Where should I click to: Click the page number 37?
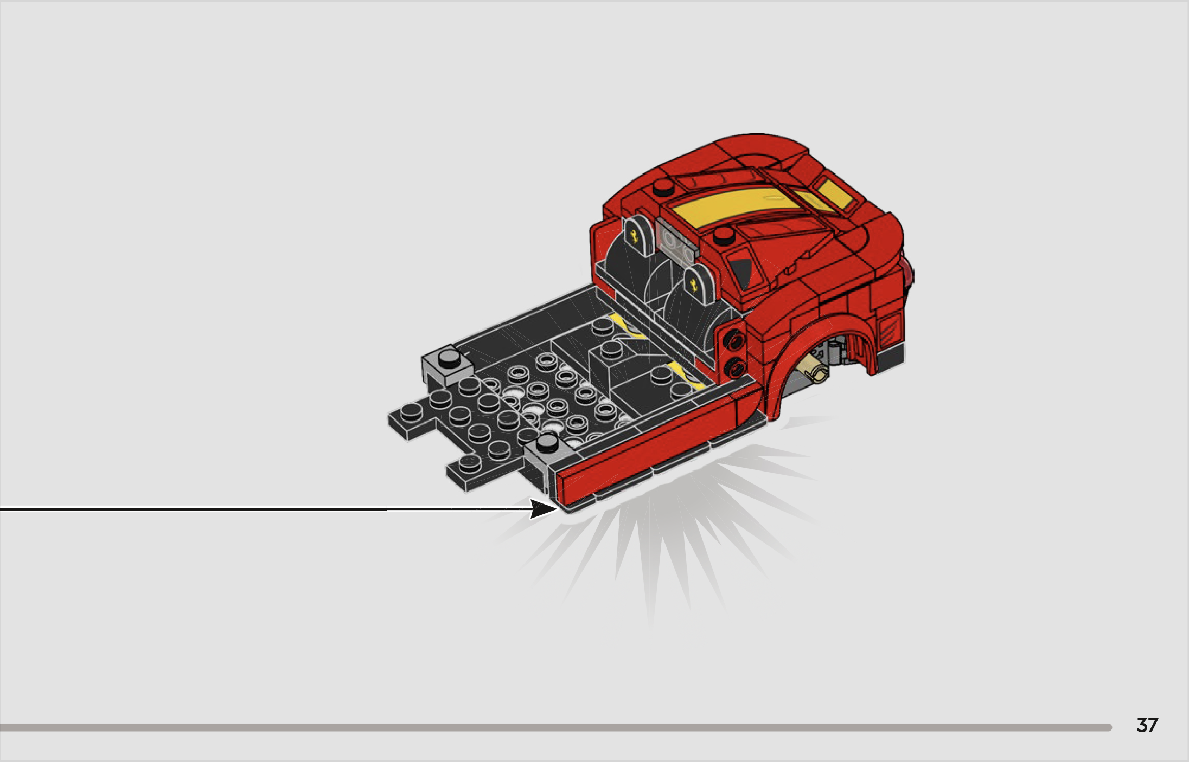1147,725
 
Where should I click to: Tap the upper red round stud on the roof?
662,188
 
